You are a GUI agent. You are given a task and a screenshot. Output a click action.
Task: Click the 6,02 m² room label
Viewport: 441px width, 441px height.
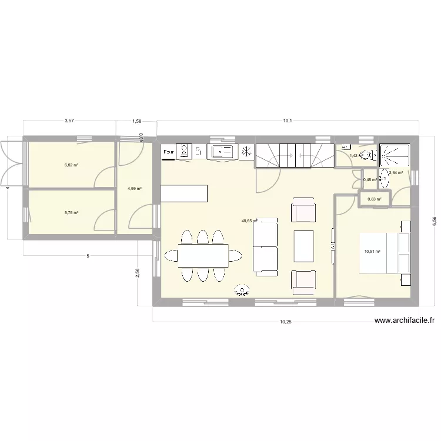[72, 165]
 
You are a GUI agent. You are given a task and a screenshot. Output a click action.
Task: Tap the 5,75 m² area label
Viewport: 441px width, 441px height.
[72, 213]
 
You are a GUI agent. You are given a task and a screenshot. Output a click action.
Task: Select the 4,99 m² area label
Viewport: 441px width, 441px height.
[135, 189]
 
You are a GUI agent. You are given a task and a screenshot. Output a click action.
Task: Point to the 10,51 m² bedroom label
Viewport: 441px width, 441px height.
[372, 252]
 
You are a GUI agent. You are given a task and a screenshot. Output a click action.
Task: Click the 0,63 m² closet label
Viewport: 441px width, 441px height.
[375, 199]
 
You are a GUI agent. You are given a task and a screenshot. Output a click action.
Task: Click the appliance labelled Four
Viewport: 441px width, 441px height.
[169, 152]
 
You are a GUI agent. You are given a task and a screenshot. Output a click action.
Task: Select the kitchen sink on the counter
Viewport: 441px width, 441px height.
[221, 151]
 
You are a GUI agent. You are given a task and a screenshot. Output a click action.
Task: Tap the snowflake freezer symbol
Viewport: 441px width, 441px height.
[246, 151]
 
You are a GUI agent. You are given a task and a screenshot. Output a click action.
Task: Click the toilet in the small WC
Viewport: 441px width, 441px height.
[366, 155]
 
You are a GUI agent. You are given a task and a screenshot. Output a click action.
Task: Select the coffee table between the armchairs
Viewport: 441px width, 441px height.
[303, 246]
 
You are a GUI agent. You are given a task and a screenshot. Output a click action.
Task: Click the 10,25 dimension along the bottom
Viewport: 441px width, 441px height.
[285, 322]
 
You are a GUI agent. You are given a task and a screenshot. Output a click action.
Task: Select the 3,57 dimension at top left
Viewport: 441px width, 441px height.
[69, 121]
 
